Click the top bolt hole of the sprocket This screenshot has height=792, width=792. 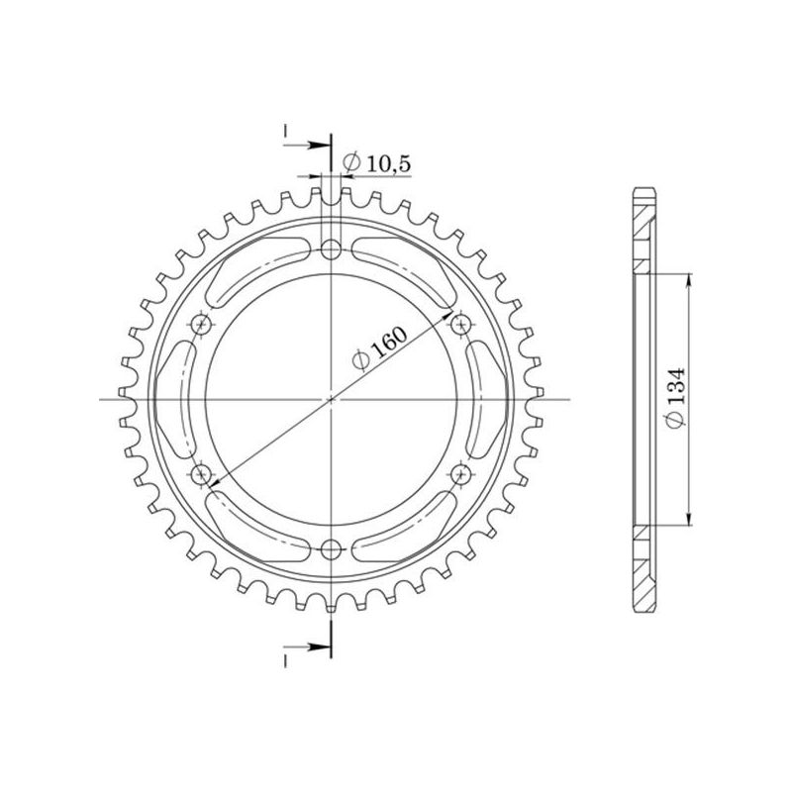(331, 248)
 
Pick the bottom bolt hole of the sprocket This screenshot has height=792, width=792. (331, 549)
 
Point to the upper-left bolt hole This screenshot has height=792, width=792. (203, 324)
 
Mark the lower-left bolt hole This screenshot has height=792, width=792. (203, 475)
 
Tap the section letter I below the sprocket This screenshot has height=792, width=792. (284, 658)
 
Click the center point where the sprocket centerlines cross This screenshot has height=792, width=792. (331, 399)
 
